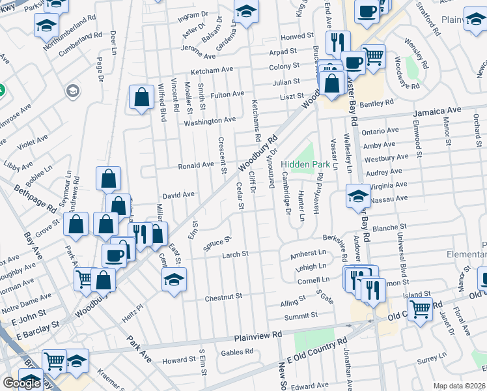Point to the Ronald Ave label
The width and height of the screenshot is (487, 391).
(197, 166)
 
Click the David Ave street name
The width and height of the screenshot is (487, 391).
(178, 195)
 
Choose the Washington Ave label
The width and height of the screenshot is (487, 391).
(210, 121)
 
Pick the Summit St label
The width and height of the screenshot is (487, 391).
(301, 316)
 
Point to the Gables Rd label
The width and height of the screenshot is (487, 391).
(237, 352)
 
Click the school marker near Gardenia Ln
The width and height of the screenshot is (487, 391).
(246, 12)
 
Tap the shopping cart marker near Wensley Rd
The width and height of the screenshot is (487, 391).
(373, 56)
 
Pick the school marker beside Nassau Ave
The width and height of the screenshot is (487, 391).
(357, 195)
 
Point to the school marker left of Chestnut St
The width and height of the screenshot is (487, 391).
(174, 280)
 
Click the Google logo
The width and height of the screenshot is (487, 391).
(21, 383)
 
